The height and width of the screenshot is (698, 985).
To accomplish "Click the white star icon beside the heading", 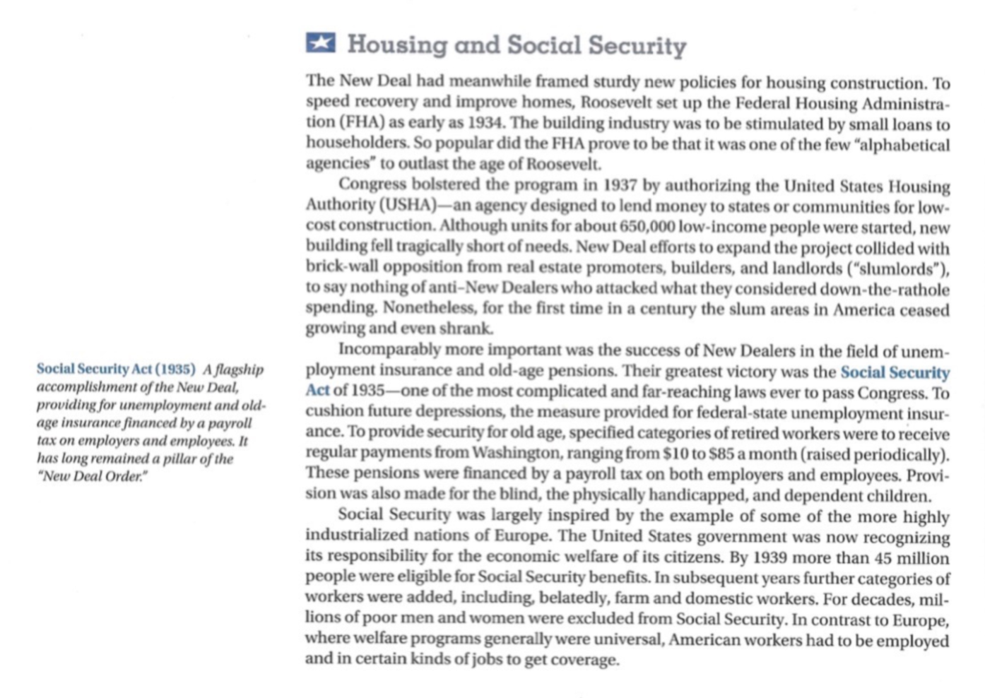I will click(321, 43).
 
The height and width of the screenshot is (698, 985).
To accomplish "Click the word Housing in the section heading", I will click(396, 45).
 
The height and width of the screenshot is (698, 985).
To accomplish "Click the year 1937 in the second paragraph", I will click(620, 186).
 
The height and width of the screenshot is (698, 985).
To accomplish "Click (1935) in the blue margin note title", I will click(175, 369).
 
